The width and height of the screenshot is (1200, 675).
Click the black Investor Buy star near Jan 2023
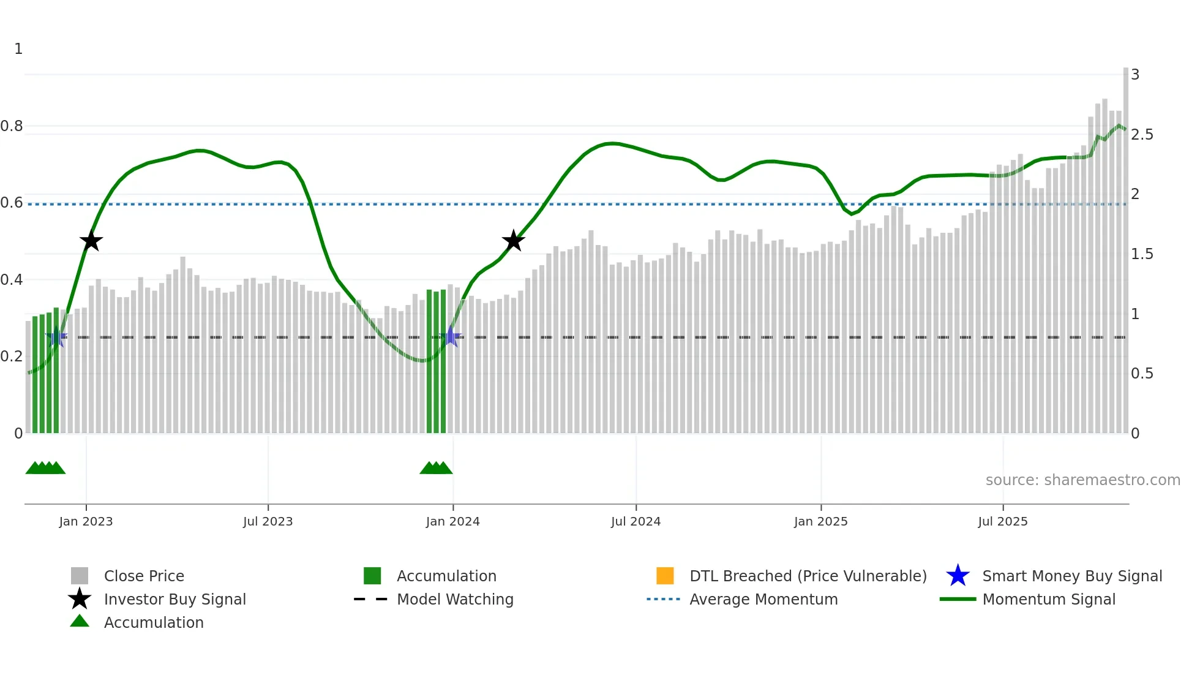click(91, 241)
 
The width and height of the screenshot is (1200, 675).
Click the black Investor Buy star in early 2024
click(513, 241)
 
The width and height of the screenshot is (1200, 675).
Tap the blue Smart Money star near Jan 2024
click(451, 336)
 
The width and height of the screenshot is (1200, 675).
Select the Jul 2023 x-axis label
click(268, 521)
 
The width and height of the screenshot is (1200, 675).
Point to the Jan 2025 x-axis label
click(820, 521)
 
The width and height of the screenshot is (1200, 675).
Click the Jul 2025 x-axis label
click(1002, 521)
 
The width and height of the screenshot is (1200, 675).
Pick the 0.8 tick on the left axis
click(12, 126)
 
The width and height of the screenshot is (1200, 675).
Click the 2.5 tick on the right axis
click(1142, 135)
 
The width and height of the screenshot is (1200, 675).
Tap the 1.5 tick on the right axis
click(1142, 254)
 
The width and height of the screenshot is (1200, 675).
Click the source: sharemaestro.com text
click(1082, 480)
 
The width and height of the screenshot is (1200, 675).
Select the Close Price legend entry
click(144, 576)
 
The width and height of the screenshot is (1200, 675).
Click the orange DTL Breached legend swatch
click(665, 576)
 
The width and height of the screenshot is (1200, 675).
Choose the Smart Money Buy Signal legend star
click(958, 576)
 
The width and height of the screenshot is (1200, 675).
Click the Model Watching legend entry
click(455, 599)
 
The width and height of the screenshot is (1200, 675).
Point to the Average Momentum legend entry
click(763, 599)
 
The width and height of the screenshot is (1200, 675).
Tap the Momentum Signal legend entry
click(1048, 599)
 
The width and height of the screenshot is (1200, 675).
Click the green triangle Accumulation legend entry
click(153, 622)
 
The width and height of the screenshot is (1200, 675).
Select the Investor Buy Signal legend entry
click(174, 599)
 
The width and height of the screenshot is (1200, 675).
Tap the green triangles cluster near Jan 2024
click(436, 469)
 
